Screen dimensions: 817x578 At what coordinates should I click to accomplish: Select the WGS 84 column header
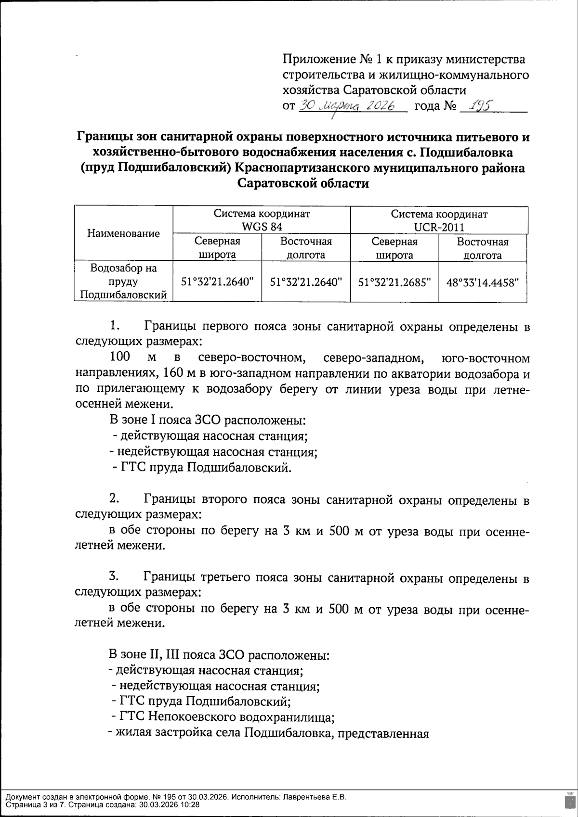(x=262, y=220)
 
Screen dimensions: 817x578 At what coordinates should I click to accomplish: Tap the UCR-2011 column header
(x=439, y=220)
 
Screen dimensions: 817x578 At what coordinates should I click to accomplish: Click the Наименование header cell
(x=123, y=234)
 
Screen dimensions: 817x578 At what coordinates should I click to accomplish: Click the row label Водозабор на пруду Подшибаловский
(x=123, y=281)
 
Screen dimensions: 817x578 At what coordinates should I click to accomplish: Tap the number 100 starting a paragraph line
(x=120, y=358)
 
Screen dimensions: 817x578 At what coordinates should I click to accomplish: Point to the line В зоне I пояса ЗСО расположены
(x=207, y=420)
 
